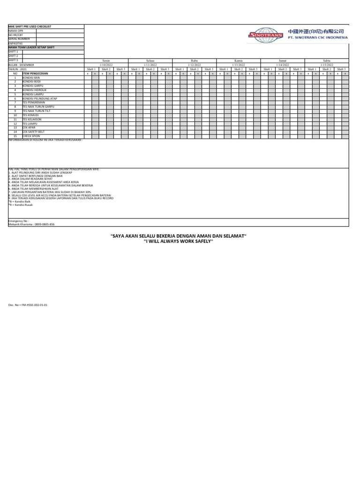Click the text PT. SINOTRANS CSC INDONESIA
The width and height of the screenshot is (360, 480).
click(318, 37)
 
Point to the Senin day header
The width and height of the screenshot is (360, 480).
click(106, 61)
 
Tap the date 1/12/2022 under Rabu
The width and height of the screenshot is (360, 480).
click(195, 65)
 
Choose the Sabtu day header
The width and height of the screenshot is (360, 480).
click(327, 61)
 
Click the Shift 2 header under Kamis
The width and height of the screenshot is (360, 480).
click(239, 69)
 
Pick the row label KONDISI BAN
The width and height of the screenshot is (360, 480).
click(32, 77)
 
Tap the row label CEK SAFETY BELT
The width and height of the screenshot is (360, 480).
click(35, 132)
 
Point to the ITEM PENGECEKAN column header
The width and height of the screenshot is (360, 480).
click(37, 74)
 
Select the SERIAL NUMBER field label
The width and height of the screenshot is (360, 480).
click(19, 39)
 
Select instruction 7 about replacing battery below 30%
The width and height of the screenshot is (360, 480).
click(52, 192)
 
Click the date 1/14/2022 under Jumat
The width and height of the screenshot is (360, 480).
click(283, 65)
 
